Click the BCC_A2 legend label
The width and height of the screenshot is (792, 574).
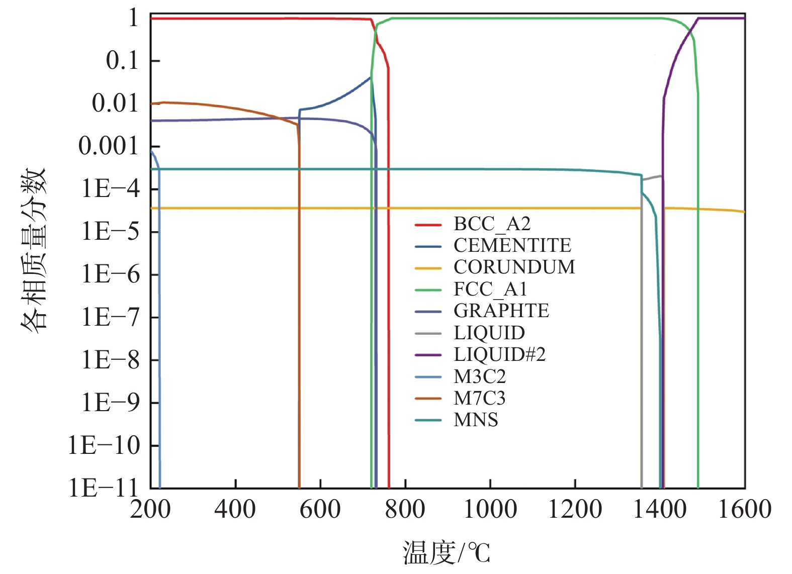(x=492, y=224)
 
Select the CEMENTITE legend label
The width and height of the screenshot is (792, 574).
(x=512, y=246)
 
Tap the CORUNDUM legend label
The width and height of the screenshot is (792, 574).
(x=514, y=267)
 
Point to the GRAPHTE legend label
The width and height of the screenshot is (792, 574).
(x=501, y=311)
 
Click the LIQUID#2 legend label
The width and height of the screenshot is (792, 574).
(x=499, y=355)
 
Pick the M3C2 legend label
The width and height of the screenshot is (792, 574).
(x=479, y=376)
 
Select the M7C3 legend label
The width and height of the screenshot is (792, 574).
(x=479, y=399)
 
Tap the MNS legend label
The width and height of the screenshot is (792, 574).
(x=476, y=420)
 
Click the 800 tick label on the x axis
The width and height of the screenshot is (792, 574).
(x=405, y=509)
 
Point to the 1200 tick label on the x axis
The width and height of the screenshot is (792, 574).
(x=575, y=509)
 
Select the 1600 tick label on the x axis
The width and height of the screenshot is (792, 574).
(x=744, y=509)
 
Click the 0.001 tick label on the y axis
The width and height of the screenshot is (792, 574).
(x=108, y=146)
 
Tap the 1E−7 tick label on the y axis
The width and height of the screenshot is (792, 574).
(x=111, y=318)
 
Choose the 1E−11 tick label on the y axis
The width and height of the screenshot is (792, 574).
(x=103, y=488)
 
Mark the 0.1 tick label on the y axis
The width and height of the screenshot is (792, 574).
(x=122, y=61)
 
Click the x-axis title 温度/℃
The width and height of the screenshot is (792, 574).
(x=446, y=553)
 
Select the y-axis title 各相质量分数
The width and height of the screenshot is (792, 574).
(x=34, y=249)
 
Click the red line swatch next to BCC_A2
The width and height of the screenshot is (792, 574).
(x=428, y=225)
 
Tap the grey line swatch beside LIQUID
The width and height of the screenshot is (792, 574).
(x=428, y=333)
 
